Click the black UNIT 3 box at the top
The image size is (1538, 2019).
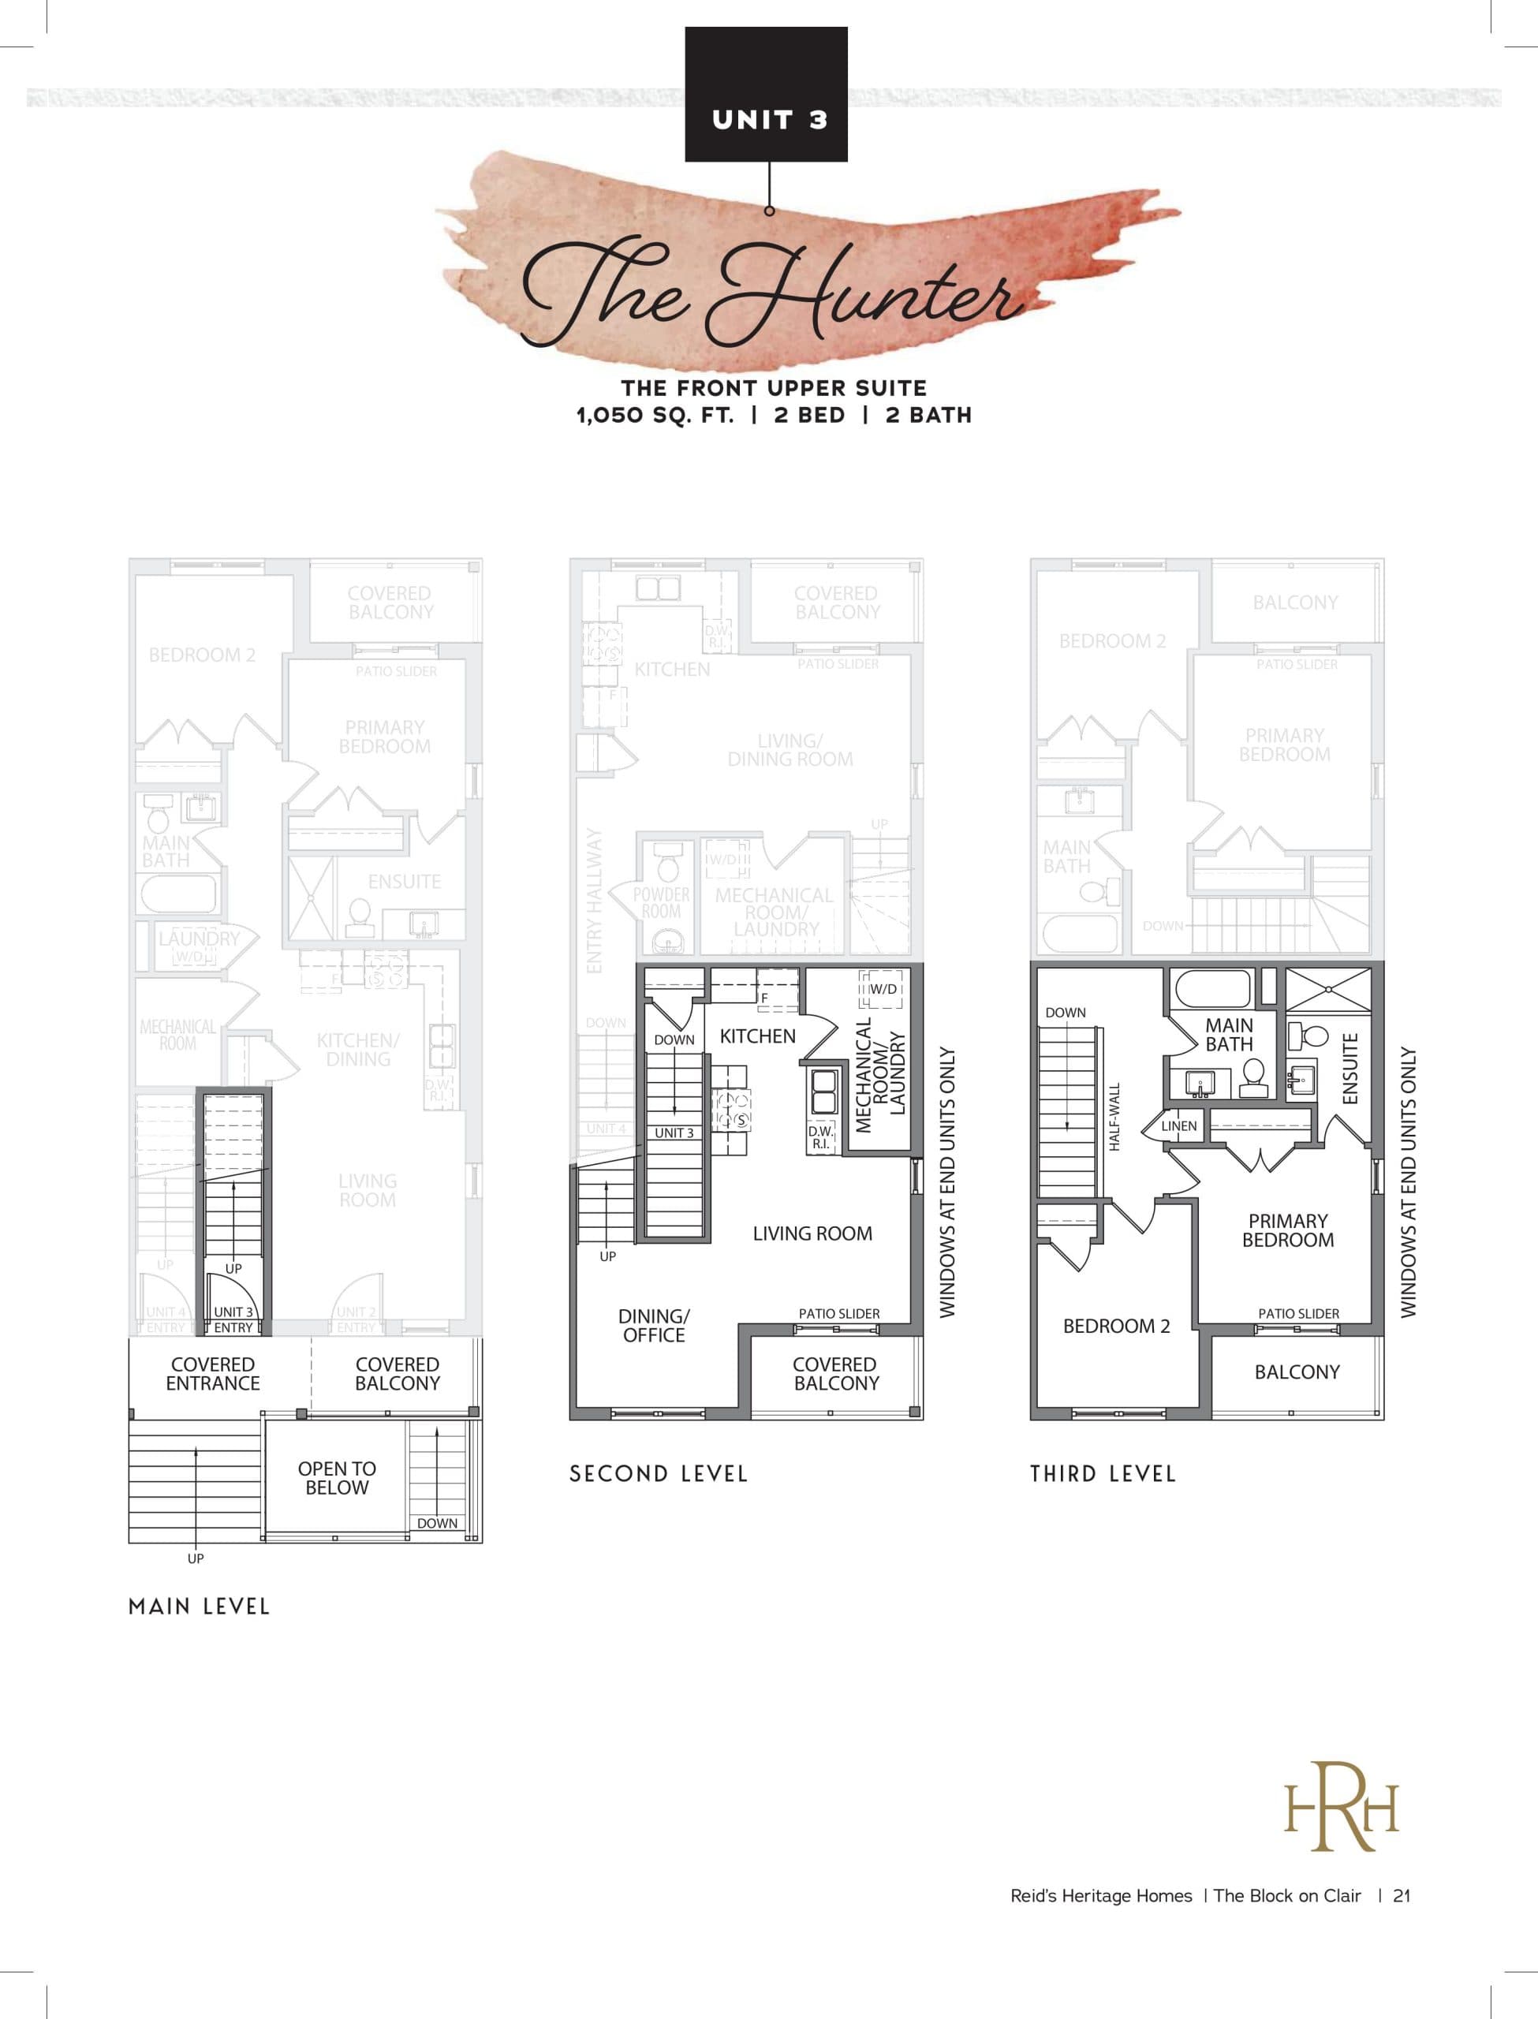coord(767,95)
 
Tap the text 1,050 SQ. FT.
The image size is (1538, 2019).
coord(655,416)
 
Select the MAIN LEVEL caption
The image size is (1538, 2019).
coord(199,1607)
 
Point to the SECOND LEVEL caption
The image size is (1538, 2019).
coord(659,1473)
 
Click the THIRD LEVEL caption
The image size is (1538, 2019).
coord(1103,1473)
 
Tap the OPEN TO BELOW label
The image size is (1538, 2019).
coord(337,1478)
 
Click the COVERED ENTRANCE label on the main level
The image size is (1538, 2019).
coord(212,1374)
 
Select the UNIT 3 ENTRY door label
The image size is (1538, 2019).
coord(233,1319)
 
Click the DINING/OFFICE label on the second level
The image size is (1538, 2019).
coord(654,1325)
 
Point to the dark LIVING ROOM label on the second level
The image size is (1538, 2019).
coord(812,1233)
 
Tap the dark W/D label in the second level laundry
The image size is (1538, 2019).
coord(883,989)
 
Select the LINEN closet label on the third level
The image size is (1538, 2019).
coord(1179,1125)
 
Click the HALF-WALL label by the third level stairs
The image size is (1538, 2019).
coord(1114,1117)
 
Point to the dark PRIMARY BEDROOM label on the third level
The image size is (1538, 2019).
coord(1287,1230)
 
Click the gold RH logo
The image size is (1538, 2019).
coord(1342,1807)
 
